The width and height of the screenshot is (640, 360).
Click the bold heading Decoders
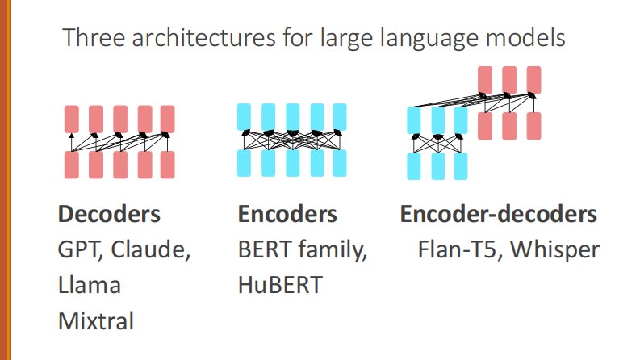pos(109,214)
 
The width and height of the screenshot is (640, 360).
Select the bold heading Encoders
pos(287,214)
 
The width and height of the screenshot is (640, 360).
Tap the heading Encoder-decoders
pos(499,214)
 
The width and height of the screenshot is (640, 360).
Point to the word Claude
pos(150,249)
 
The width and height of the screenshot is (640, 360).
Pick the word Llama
pos(90,285)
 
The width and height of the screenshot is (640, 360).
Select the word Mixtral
pos(96,320)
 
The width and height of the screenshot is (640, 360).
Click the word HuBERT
pos(280,285)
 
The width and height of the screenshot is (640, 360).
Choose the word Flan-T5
pos(458,249)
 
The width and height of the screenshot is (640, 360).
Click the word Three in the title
pos(94,38)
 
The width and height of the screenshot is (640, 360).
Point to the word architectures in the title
pos(203,38)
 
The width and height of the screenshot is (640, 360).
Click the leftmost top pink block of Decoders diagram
pos(72,119)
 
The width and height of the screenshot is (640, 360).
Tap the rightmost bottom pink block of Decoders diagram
pos(167,165)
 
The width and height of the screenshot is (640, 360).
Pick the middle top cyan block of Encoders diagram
pos(293,117)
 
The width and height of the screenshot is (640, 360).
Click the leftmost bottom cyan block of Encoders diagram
pos(244,163)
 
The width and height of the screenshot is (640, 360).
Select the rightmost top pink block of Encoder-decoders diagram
pos(534,80)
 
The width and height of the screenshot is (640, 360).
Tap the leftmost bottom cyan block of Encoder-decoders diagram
pos(414,166)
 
